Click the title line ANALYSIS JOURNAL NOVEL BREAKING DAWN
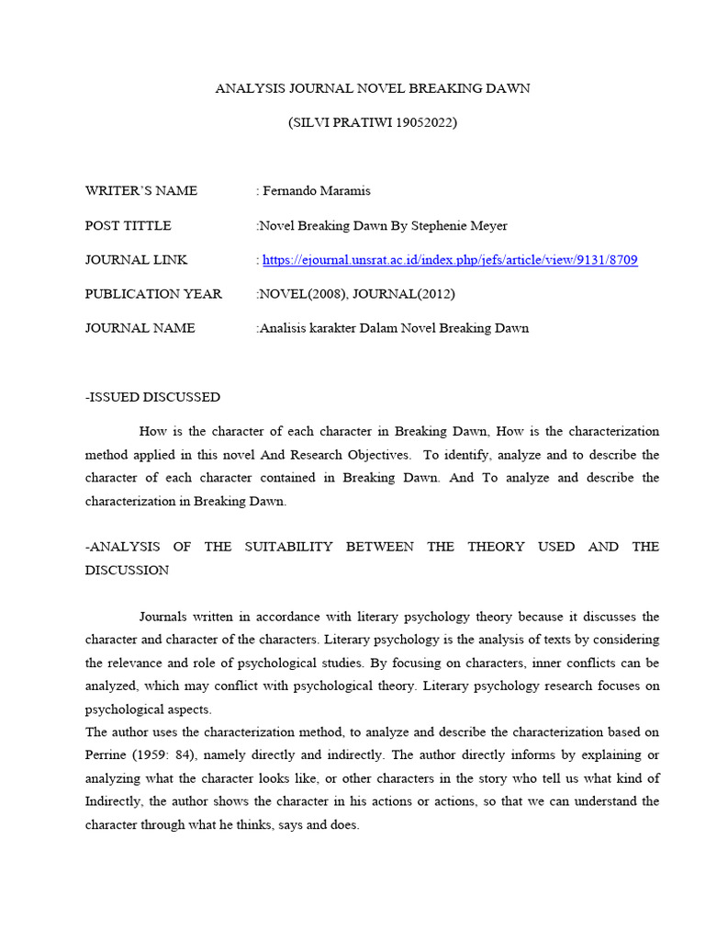[x=372, y=88]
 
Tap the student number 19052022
[x=426, y=122]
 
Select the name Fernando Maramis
[x=317, y=191]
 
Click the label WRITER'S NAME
[x=141, y=191]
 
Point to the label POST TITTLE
[x=129, y=225]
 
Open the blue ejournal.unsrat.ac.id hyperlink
[x=450, y=260]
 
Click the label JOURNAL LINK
[x=136, y=260]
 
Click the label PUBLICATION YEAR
[x=153, y=294]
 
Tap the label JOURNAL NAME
[x=140, y=328]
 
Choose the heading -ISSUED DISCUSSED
[x=152, y=397]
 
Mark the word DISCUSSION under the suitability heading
[x=127, y=570]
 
